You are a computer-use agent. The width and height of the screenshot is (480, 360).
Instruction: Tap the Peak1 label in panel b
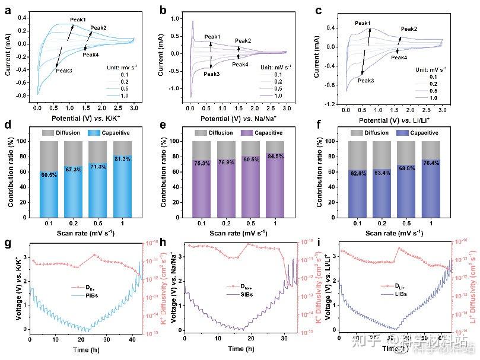[x=212, y=37]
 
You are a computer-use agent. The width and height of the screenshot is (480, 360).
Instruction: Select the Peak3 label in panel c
[x=366, y=80]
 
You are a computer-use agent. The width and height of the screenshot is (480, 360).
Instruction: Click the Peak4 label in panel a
[x=91, y=55]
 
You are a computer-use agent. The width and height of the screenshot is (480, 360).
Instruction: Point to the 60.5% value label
[x=49, y=174]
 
